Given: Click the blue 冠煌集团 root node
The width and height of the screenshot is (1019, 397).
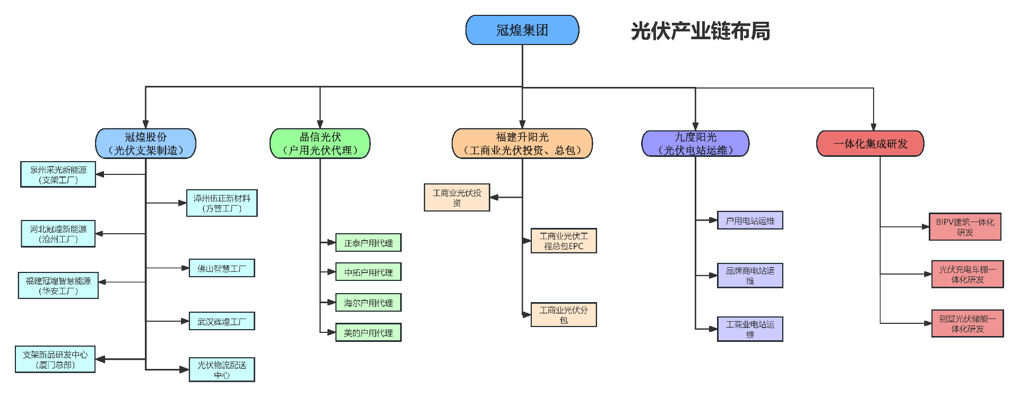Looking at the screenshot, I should [522, 30].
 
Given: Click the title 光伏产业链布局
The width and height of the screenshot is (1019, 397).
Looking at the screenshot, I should [700, 31].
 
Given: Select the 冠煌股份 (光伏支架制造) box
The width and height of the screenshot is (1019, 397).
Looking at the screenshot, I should [145, 144].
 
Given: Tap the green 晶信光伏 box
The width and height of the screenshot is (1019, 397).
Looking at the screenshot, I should [320, 144].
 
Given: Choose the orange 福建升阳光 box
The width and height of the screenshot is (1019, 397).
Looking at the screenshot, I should [522, 144].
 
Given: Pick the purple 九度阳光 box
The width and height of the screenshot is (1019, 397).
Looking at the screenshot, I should [695, 144].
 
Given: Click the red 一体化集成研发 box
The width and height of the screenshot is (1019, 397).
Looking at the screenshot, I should [870, 144].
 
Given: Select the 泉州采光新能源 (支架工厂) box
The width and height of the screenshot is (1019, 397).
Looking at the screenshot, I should [58, 175].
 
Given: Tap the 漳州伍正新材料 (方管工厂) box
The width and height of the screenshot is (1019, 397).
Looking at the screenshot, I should [222, 203].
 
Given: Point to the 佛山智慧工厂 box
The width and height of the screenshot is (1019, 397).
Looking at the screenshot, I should [222, 268].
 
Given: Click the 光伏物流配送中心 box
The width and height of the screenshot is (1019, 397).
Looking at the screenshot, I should [222, 369].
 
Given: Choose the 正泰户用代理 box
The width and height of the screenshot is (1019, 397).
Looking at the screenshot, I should [368, 243].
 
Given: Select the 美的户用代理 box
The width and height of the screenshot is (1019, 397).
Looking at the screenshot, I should [368, 332].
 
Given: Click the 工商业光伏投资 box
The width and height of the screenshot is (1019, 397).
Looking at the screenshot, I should [457, 198].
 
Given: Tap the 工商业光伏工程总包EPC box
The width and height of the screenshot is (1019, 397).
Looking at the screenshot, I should [564, 241].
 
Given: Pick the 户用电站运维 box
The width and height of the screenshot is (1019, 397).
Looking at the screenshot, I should [750, 220].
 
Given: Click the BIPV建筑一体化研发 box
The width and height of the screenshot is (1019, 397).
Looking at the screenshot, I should [965, 227].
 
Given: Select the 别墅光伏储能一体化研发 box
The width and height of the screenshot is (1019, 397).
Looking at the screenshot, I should [968, 323].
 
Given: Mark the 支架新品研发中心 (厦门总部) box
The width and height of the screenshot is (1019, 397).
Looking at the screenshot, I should [55, 359].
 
